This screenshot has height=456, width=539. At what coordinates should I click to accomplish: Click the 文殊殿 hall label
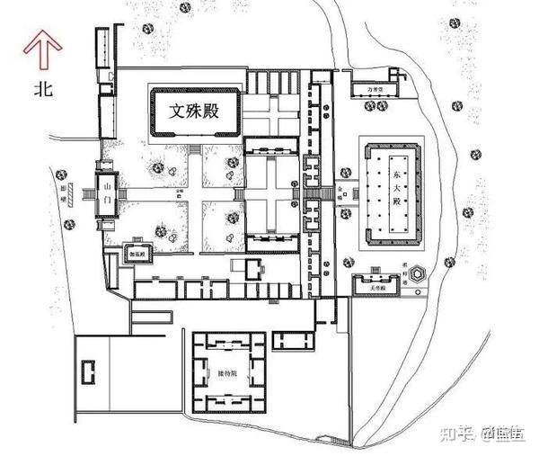(x=196, y=112)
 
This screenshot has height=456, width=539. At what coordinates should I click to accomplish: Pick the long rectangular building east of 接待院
(x=290, y=339)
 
